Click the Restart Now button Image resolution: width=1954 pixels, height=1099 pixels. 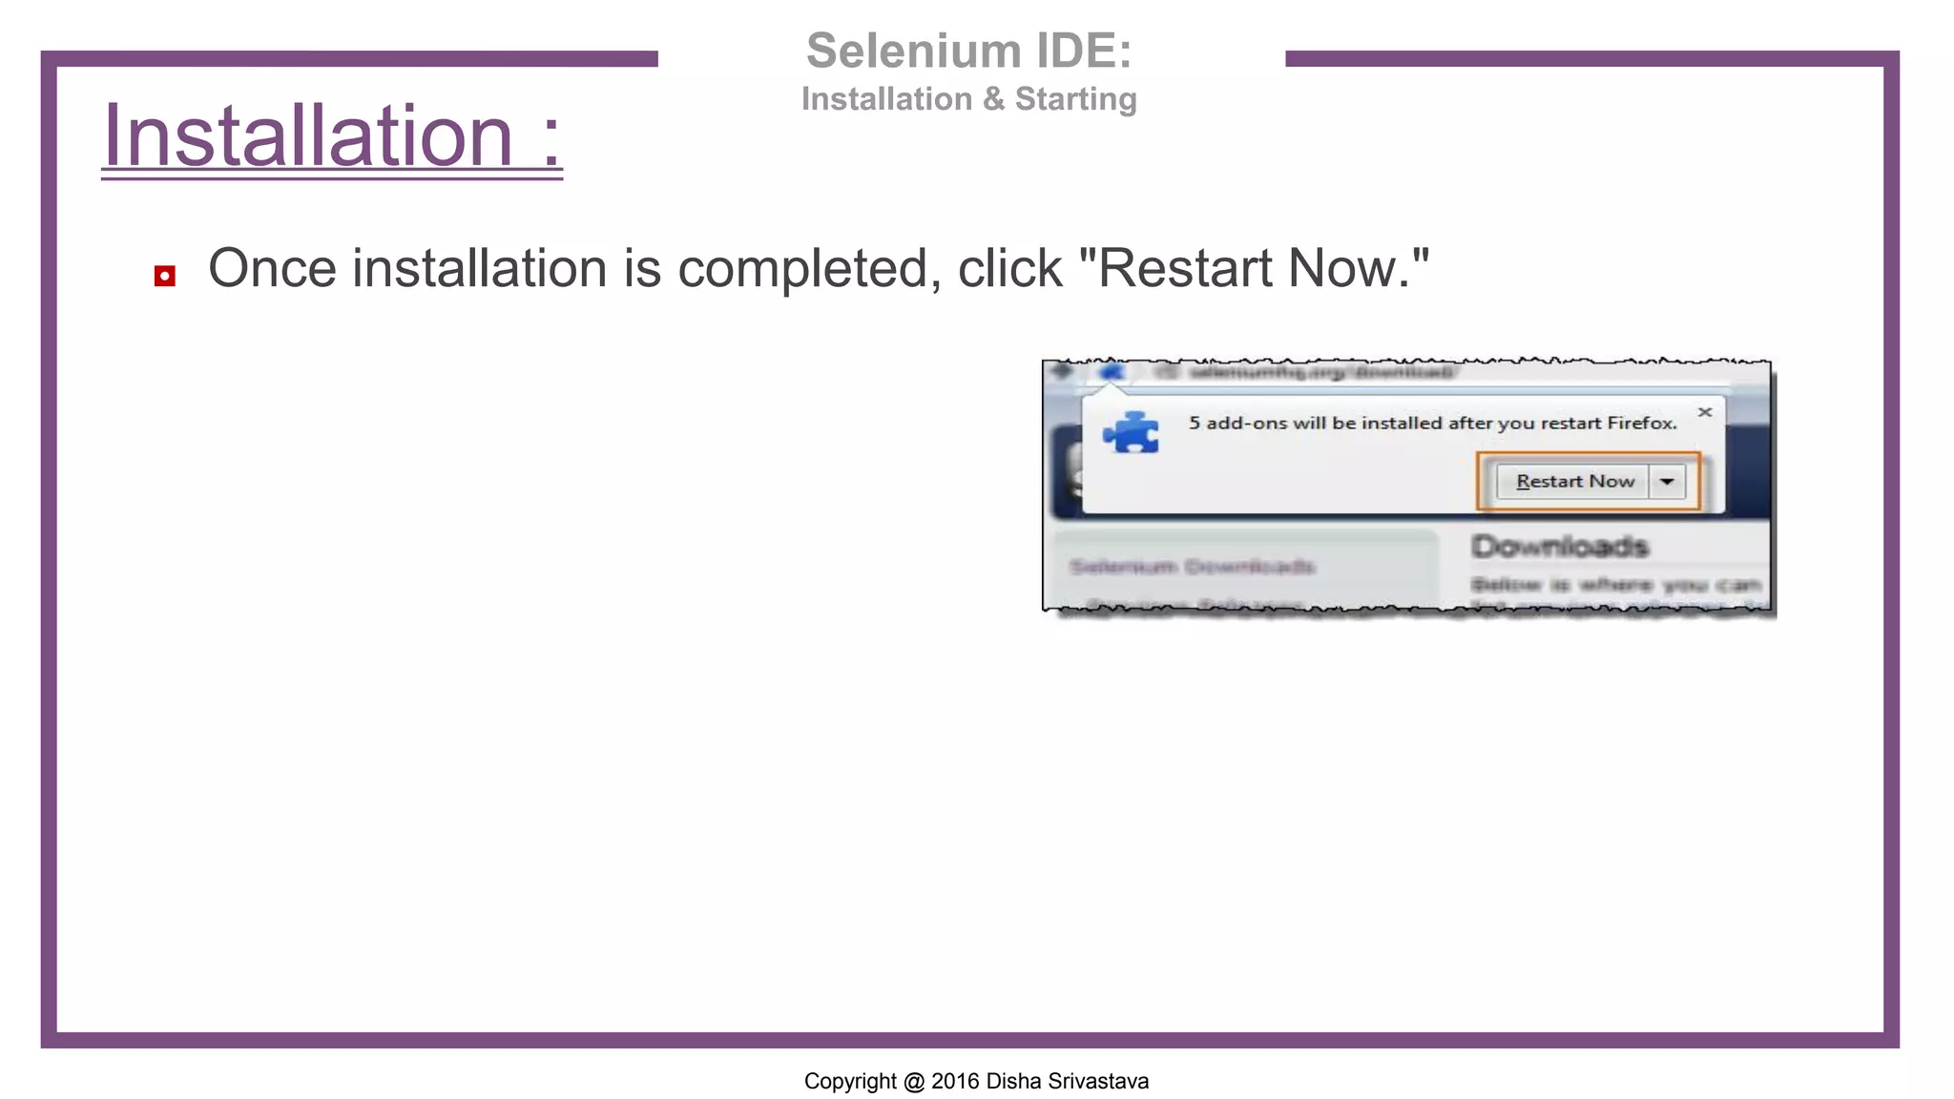coord(1574,482)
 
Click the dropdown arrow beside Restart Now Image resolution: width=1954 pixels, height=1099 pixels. coord(1667,482)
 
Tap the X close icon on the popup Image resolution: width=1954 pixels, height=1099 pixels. coord(1705,412)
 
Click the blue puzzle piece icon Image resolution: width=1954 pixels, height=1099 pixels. coord(1132,433)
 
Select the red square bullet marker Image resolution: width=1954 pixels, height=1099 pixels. coord(165,277)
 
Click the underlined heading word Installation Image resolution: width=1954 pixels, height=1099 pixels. coord(308,136)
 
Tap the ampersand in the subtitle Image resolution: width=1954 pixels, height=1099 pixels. coord(993,99)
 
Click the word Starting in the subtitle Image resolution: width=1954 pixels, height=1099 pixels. coord(1075,99)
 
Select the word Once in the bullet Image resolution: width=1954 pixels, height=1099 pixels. coord(272,268)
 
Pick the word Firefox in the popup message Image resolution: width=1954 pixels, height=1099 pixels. coord(1641,423)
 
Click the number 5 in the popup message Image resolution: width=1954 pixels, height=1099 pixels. coord(1195,423)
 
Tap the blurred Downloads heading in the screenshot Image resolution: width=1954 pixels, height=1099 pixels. coord(1559,547)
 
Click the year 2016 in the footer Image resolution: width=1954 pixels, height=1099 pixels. coord(955,1081)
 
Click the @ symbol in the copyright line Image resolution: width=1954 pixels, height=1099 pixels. coord(914,1081)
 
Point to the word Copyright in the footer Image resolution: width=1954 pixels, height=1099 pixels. coord(850,1081)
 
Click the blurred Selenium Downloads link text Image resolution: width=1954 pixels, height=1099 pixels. coord(1192,567)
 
